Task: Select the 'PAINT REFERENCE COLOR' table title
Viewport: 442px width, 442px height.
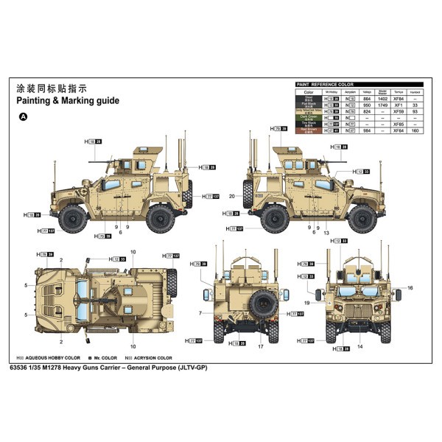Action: (326, 85)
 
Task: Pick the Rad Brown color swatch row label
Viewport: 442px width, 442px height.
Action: (309, 131)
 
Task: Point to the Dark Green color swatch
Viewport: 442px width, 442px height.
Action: (309, 118)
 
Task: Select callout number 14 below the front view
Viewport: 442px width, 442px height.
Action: (360, 346)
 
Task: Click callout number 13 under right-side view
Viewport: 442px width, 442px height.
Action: (326, 232)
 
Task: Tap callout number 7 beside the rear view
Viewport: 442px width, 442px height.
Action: (200, 313)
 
